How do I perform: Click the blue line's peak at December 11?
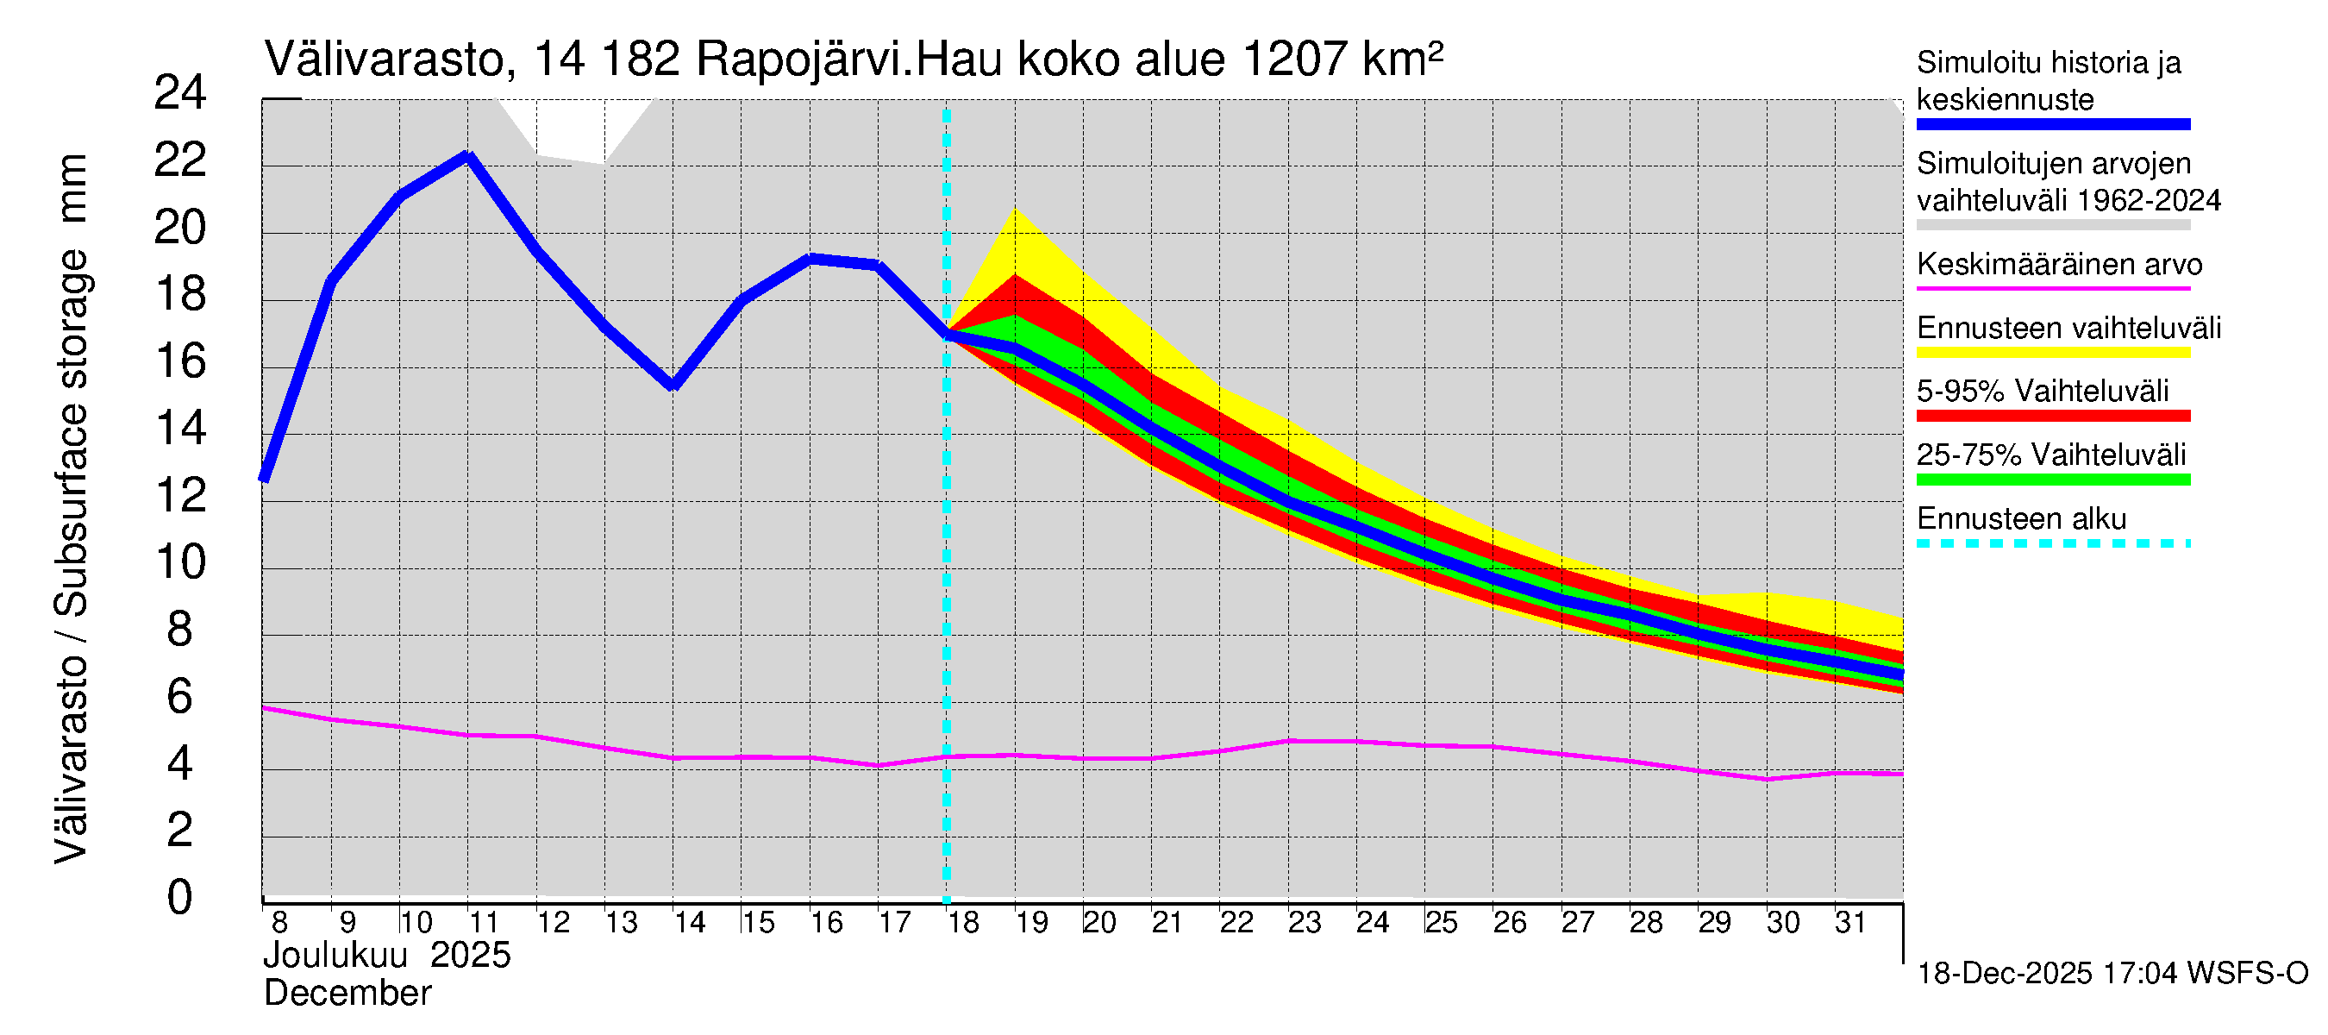[468, 156]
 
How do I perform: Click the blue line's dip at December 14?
[673, 385]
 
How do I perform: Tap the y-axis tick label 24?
[180, 93]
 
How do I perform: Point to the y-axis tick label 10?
[180, 562]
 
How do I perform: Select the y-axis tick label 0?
[180, 898]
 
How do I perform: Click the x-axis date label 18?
[963, 923]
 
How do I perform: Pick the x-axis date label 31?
[1850, 923]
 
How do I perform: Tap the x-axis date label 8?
[279, 923]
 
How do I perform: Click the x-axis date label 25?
[1441, 923]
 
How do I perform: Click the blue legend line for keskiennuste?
[2052, 125]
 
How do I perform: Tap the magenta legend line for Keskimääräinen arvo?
[2052, 288]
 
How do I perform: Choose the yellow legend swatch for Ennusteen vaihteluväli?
[2052, 353]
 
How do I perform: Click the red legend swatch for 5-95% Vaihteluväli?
[2052, 416]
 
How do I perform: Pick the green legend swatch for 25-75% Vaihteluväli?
[2052, 480]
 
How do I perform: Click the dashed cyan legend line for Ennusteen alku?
[2052, 543]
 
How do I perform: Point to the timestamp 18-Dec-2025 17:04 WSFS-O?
[2112, 974]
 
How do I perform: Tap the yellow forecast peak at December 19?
[1016, 210]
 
